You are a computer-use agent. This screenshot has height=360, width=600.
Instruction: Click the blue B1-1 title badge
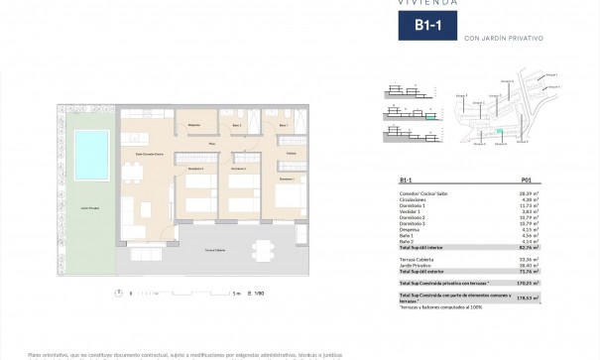pyautogui.click(x=429, y=29)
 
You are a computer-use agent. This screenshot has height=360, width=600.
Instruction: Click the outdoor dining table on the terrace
pyautogui.click(x=261, y=249)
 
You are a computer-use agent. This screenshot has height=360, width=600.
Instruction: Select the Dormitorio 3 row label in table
pyautogui.click(x=415, y=225)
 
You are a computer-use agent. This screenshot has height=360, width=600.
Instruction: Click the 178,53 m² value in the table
pyautogui.click(x=519, y=298)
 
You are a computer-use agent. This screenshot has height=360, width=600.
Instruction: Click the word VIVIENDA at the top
pyautogui.click(x=428, y=3)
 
